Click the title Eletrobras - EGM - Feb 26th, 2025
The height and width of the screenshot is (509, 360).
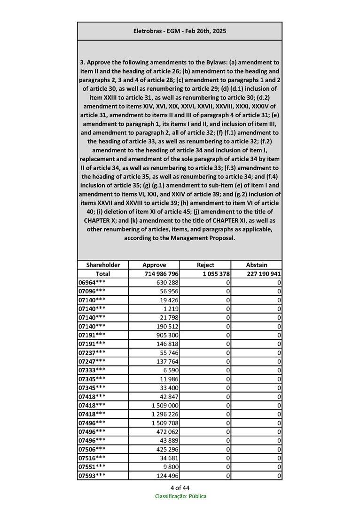point(180,31)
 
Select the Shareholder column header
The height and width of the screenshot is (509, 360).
point(103,265)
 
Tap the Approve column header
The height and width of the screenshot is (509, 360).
point(154,265)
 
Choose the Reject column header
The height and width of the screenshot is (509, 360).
point(205,265)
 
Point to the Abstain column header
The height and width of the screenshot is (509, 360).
point(256,265)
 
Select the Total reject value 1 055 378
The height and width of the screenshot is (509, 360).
point(212,274)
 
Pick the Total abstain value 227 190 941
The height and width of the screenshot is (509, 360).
point(264,274)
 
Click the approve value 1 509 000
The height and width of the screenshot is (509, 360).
point(165,405)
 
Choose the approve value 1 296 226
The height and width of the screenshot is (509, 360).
point(165,414)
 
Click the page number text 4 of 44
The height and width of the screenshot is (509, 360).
point(180,487)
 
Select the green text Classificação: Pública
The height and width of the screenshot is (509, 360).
point(180,496)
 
